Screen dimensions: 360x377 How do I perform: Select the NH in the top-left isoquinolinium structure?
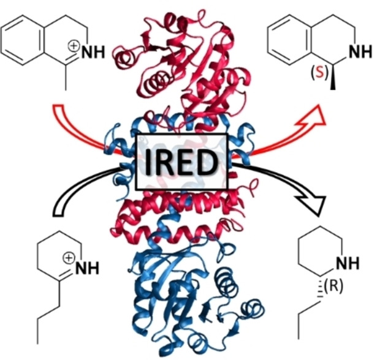(93, 53)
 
